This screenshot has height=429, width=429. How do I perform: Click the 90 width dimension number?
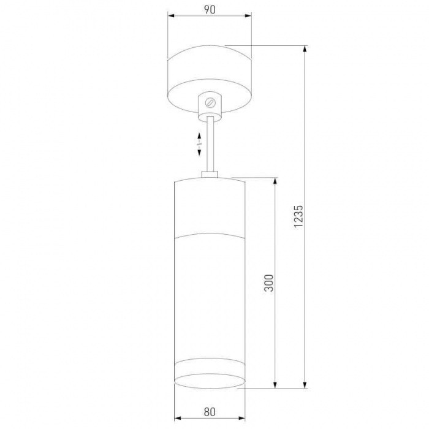(x=210, y=10)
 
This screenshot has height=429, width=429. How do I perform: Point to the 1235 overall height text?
(x=298, y=216)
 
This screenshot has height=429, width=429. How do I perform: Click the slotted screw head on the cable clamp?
(x=210, y=102)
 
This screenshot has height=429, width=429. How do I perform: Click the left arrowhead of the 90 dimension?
(x=171, y=16)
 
